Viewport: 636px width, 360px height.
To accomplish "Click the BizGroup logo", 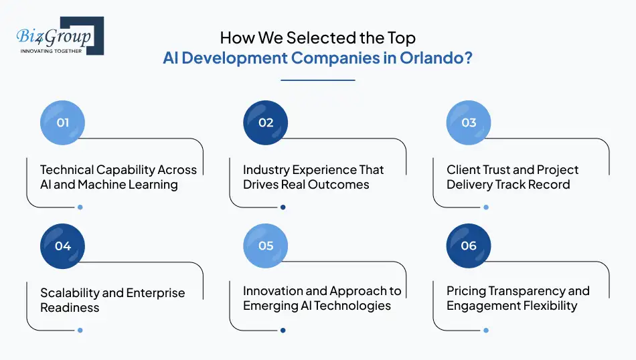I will pos(60,35).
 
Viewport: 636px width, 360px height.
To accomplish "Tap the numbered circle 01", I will pos(63,122).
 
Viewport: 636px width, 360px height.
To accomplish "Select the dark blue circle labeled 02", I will pos(266,122).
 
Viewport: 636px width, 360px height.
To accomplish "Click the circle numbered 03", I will pos(469,122).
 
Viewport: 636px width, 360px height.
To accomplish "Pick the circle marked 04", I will pos(63,246).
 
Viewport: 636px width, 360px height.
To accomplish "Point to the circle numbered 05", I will pos(266,246).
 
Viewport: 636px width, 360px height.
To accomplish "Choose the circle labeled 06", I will pos(469,246).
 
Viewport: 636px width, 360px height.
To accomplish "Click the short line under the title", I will pos(317,80).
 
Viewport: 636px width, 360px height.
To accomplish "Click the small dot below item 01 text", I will pos(80,207).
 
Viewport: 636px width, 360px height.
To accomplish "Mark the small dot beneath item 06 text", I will pos(486,330).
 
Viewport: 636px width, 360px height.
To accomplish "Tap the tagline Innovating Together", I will pos(52,51).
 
